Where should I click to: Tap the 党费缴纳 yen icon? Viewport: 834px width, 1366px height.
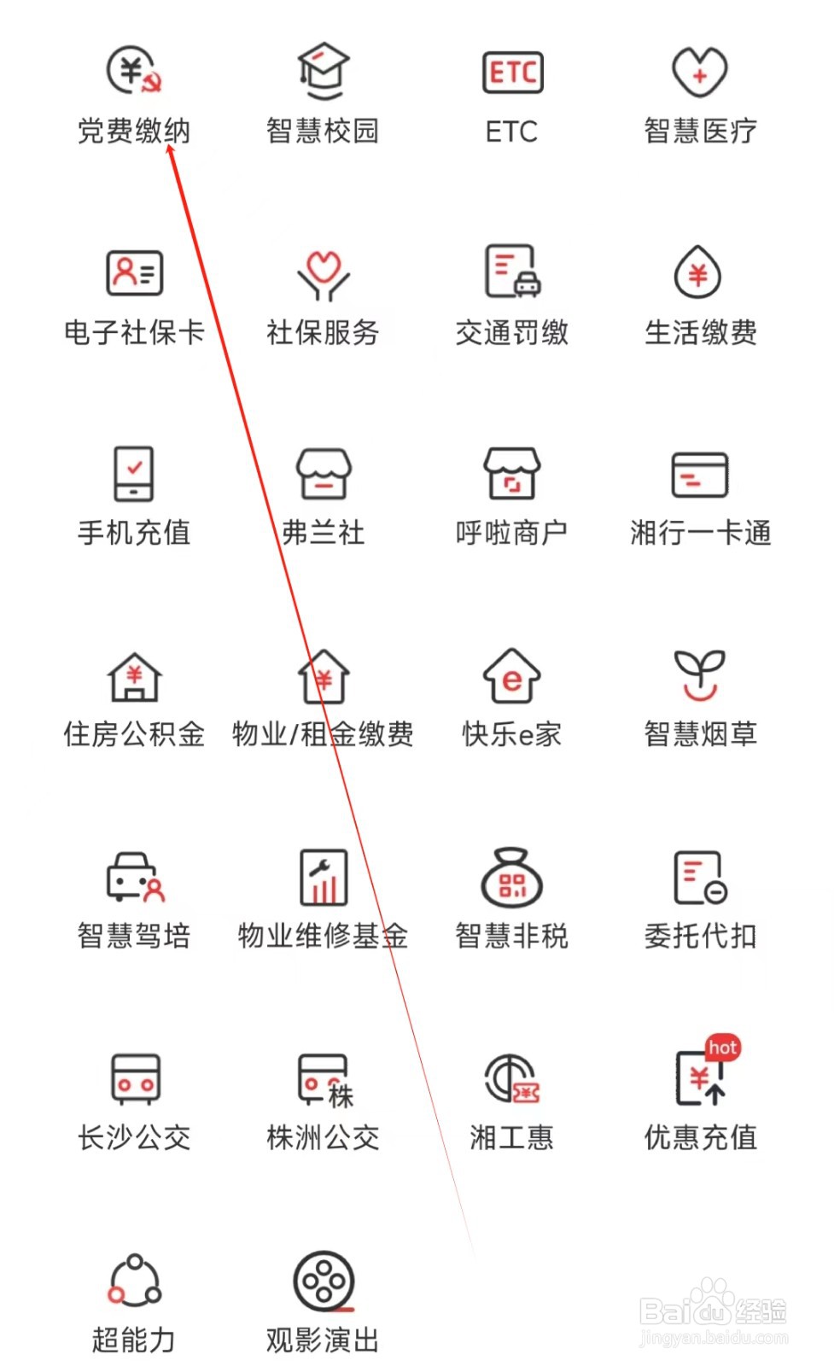[x=134, y=70]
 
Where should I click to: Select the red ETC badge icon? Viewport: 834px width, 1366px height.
[x=512, y=73]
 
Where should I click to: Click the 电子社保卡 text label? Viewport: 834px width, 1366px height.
[x=134, y=332]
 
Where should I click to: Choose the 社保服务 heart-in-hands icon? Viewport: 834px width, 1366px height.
[x=323, y=274]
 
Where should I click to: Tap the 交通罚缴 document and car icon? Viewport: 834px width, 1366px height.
[x=512, y=272]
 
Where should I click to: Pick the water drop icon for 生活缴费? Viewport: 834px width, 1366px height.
[x=698, y=273]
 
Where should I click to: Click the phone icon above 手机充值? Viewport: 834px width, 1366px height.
[x=134, y=473]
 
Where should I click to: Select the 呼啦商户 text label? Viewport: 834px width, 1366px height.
[x=511, y=533]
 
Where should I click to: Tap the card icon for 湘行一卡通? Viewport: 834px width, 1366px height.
[x=700, y=475]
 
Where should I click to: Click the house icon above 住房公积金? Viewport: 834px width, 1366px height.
[x=134, y=677]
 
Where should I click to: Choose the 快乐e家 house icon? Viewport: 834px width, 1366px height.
[x=511, y=675]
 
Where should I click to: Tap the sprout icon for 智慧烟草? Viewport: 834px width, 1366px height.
[x=700, y=674]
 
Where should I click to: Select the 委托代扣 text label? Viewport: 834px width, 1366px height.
[x=700, y=936]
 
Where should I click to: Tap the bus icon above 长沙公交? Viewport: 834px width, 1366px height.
[x=135, y=1078]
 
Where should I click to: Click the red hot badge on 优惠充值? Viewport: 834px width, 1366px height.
[x=723, y=1047]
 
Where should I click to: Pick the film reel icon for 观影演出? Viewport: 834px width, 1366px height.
[x=324, y=1281]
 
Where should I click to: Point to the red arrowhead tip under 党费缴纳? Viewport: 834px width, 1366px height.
[x=170, y=148]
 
